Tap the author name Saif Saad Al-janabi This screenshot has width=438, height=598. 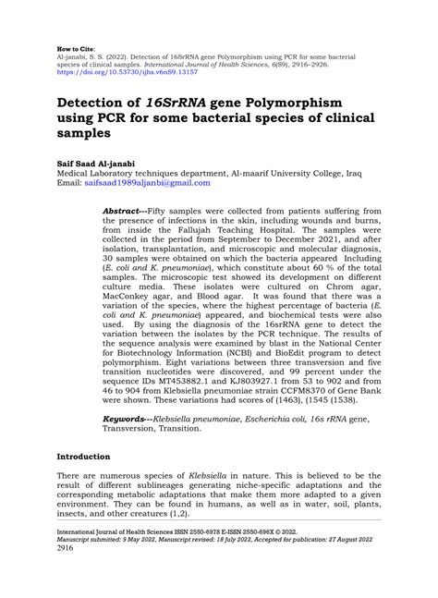coord(106,159)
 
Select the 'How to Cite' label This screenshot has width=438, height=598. coord(76,45)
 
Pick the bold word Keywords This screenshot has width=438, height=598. coord(128,420)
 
